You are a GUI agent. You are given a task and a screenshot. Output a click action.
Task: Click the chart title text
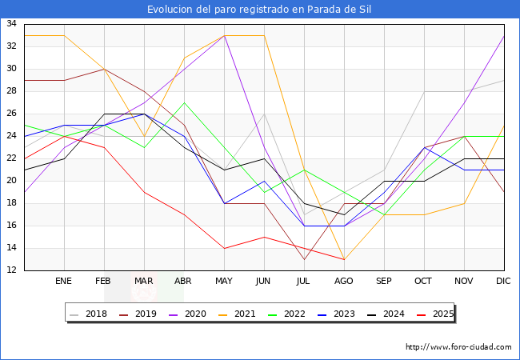click(x=259, y=10)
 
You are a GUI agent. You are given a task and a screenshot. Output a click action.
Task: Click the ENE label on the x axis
click(x=64, y=282)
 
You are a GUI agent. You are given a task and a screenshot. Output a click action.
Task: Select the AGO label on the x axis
click(x=344, y=282)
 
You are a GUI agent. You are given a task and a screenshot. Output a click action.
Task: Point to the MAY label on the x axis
click(x=224, y=282)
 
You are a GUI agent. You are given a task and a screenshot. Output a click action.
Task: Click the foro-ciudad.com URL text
click(x=458, y=347)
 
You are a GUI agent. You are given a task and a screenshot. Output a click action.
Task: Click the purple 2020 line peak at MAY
click(x=224, y=35)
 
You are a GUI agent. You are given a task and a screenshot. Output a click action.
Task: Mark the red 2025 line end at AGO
click(x=344, y=259)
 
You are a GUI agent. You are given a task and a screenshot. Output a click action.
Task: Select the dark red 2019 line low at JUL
click(x=304, y=259)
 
